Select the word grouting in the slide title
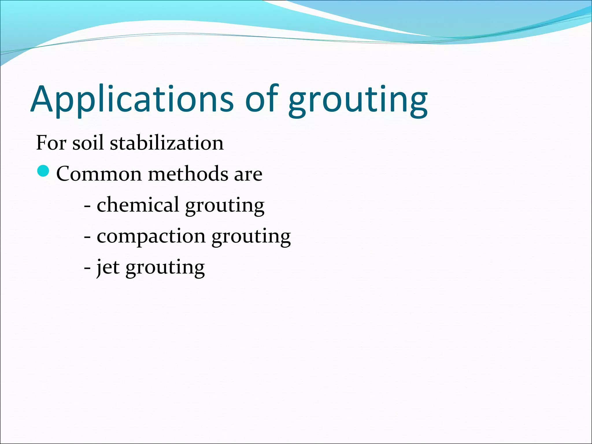(358, 101)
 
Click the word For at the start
(51, 143)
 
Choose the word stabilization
(167, 143)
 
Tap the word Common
(99, 174)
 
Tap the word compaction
(151, 236)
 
